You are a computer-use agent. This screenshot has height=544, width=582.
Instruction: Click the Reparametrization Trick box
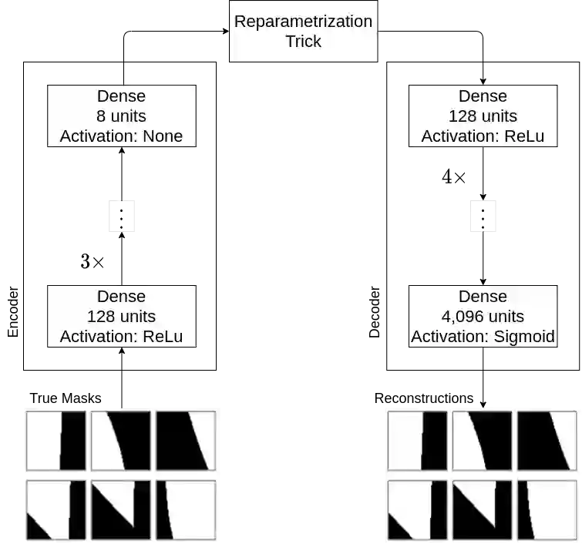(303, 31)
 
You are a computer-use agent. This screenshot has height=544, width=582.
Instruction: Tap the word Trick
(303, 42)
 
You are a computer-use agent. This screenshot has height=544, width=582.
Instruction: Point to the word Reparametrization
(303, 21)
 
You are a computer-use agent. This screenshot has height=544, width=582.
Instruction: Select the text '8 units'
(121, 116)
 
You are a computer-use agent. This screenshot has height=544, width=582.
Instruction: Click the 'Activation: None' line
(121, 136)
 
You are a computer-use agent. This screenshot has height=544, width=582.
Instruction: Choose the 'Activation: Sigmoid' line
(483, 337)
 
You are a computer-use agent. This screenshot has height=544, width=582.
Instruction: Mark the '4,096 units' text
(483, 317)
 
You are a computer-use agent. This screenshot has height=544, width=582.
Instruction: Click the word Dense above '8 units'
(121, 96)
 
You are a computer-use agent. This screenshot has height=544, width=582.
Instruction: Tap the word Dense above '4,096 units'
(483, 297)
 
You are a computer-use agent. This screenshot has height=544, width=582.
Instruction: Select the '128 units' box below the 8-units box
(121, 316)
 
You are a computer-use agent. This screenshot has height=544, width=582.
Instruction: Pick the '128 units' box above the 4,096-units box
(483, 116)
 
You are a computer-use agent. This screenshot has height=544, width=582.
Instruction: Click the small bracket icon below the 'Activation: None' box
(120, 216)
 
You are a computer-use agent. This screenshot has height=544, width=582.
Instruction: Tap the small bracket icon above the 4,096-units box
(484, 216)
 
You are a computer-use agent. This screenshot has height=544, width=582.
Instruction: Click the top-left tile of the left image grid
(56, 441)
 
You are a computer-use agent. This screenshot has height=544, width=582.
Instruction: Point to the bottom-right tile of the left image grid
(186, 510)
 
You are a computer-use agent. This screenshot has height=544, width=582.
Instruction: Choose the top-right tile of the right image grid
(547, 441)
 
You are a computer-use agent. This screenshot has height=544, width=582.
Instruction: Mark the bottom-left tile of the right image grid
(417, 510)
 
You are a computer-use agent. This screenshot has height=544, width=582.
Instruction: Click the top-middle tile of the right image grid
(482, 441)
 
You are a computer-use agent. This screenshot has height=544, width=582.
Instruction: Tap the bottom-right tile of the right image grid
(547, 510)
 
